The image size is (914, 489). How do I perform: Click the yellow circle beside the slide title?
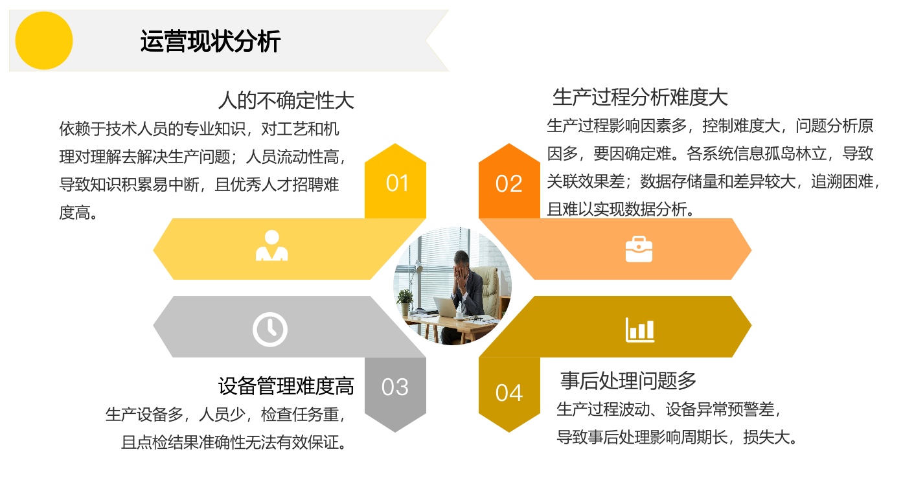(x=44, y=40)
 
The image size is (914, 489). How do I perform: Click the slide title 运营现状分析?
(x=211, y=41)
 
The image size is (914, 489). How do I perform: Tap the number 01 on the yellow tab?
(x=397, y=183)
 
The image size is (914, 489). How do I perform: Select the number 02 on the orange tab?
(x=508, y=183)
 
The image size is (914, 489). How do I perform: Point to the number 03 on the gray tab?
(x=395, y=387)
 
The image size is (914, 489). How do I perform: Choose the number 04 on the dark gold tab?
(x=508, y=393)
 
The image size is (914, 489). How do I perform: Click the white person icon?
(x=272, y=245)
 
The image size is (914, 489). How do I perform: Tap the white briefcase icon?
(x=639, y=249)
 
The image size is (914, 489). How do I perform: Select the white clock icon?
(x=269, y=330)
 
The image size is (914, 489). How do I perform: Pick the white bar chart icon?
(x=640, y=330)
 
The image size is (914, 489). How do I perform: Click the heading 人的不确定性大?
(x=286, y=100)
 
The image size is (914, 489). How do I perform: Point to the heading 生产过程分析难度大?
(x=640, y=97)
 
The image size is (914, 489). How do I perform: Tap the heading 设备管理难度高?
(x=286, y=386)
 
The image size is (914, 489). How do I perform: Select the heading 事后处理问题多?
(x=628, y=381)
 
